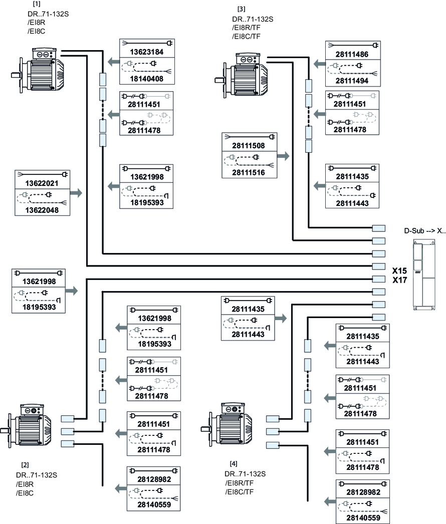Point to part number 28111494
pos(351,80)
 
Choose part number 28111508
pos(248,145)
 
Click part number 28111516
pos(248,172)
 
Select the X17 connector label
pos(399,280)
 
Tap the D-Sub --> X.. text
pos(424,231)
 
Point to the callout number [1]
pos(36,4)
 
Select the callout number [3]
pos(242,10)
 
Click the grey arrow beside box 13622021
pos(76,192)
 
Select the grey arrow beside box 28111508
pos(283,156)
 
